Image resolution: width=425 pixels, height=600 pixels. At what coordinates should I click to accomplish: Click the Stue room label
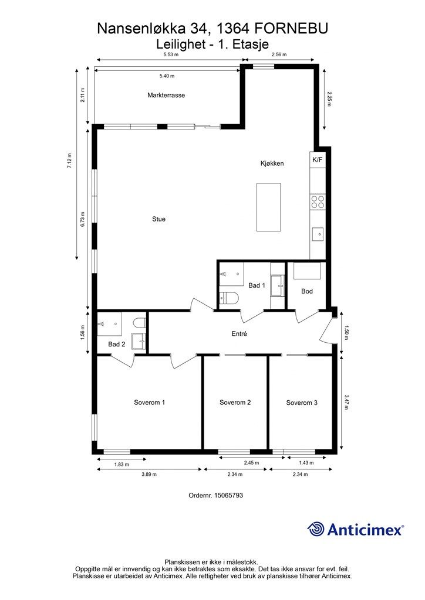158,219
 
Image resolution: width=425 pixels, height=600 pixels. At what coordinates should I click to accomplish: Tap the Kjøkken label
272,163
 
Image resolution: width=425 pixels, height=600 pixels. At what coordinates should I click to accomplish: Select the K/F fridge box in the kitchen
318,160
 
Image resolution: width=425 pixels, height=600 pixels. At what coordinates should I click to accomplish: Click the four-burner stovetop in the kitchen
318,202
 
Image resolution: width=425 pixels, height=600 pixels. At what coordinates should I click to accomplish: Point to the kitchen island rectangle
268,207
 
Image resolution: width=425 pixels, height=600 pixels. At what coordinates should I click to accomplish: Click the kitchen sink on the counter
318,234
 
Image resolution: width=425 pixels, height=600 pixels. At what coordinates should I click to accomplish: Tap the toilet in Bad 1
229,297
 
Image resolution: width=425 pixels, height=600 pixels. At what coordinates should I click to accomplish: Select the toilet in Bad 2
139,322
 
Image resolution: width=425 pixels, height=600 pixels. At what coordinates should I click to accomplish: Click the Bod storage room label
307,291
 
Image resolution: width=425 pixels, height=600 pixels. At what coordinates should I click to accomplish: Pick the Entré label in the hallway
239,333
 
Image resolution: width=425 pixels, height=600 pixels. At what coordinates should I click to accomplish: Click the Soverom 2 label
235,403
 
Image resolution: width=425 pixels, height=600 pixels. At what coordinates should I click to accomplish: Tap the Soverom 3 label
302,403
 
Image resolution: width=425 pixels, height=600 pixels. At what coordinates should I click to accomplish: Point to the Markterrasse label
166,96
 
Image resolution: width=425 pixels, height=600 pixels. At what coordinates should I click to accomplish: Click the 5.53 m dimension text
171,54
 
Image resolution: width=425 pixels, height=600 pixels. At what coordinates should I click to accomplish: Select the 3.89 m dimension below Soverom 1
149,475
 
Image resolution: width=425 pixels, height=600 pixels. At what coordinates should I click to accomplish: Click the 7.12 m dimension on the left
70,161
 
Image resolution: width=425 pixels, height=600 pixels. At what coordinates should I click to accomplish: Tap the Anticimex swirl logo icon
315,529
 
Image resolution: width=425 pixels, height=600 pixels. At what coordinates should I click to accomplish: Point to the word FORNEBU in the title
291,29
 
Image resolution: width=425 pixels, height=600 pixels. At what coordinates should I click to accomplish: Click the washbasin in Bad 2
139,341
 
